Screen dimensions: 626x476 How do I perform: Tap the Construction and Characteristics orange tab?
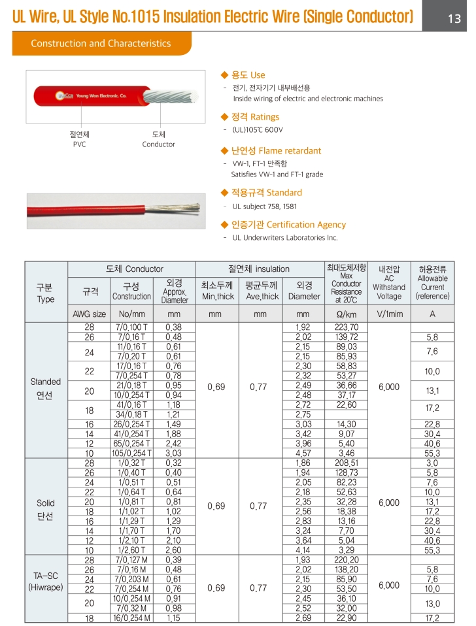coord(101,44)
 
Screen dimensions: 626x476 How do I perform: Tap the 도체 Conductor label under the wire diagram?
coord(158,139)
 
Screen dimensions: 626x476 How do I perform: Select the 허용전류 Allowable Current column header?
coord(432,282)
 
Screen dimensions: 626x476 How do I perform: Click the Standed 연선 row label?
coord(46,389)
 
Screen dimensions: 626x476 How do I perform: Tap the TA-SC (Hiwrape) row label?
coord(46,582)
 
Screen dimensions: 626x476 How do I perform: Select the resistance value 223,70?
coord(346,327)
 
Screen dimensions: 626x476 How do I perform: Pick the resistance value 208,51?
coord(346,463)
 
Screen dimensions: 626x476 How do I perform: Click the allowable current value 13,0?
coord(432,604)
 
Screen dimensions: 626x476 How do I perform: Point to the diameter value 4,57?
coord(303,453)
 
